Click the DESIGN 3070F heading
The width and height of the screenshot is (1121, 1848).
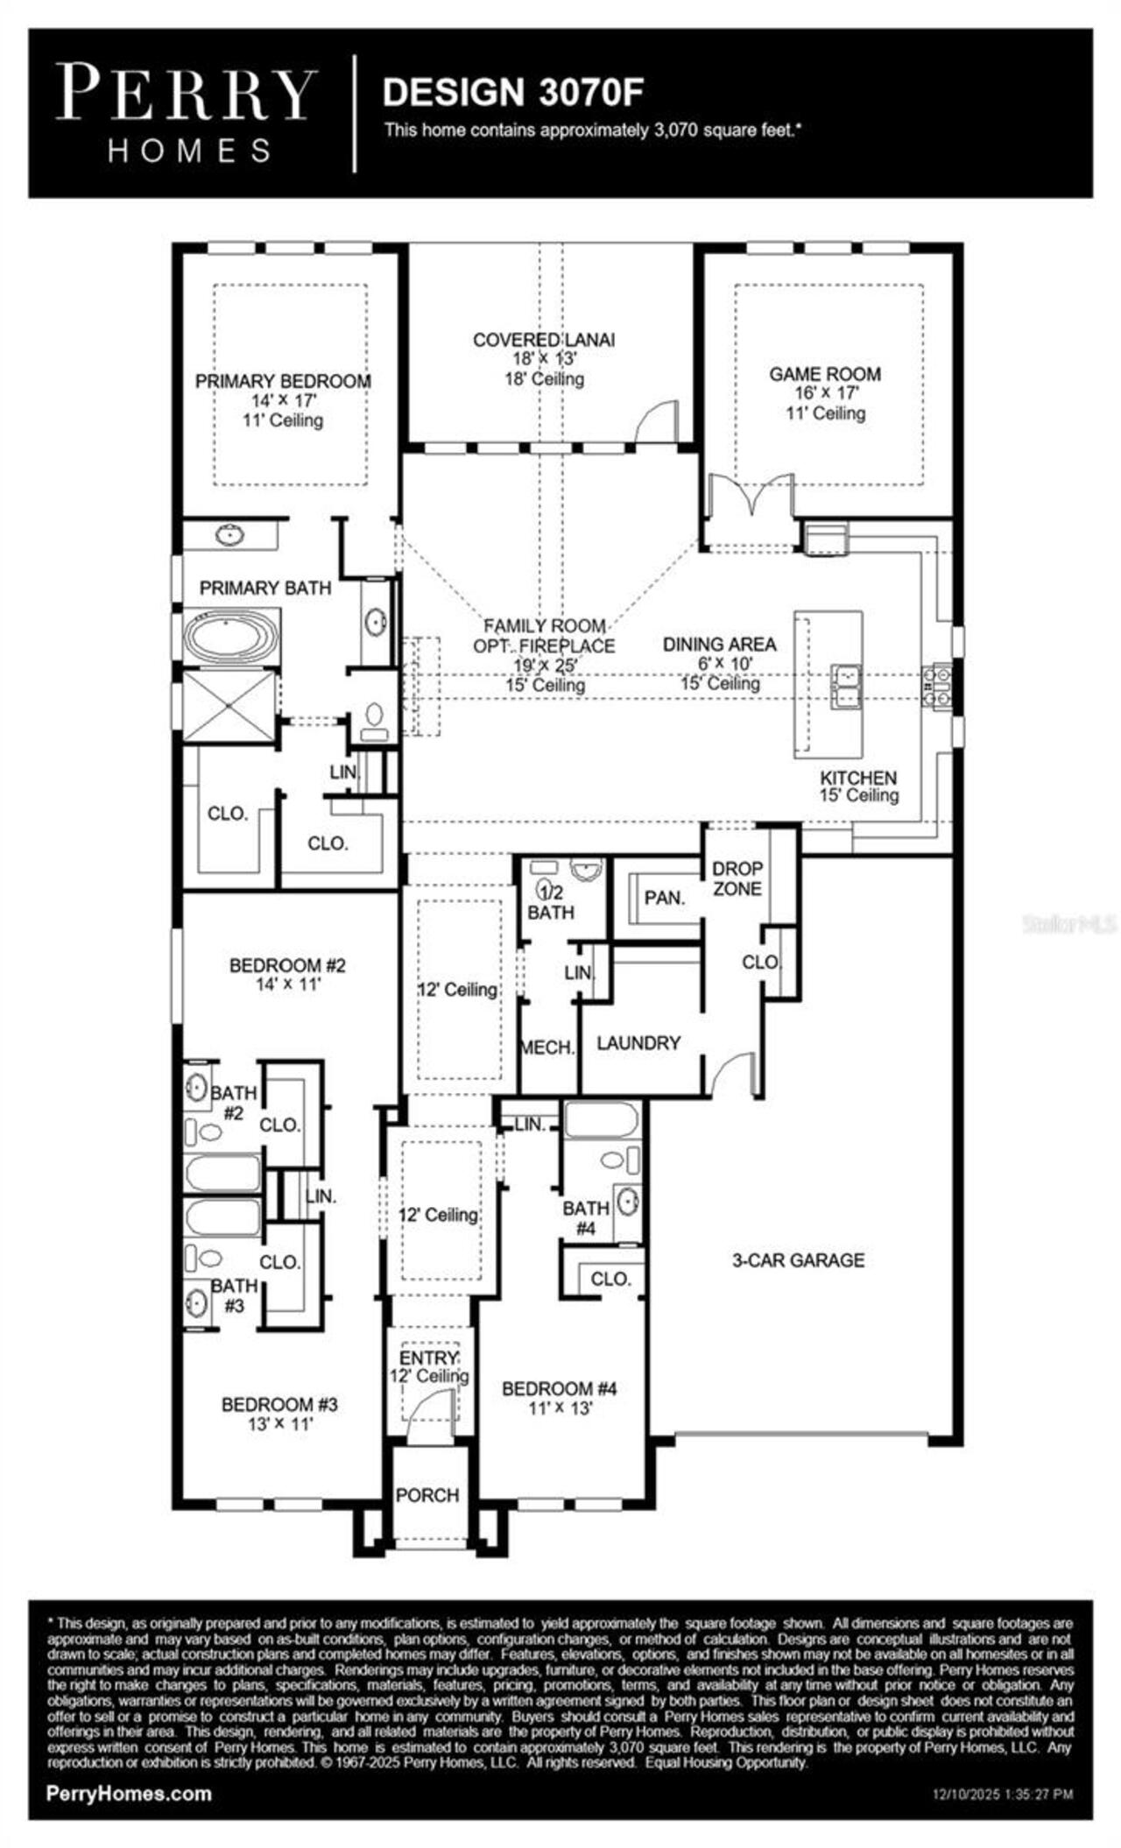coord(513,93)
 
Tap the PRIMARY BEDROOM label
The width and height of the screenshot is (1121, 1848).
coord(283,382)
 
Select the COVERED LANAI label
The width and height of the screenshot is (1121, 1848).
coord(544,340)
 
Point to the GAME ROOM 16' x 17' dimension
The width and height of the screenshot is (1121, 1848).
coord(826,394)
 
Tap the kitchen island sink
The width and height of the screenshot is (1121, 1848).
coord(846,686)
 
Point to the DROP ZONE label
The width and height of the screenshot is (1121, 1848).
coord(737,878)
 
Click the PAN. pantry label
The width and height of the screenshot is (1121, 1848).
coord(664,898)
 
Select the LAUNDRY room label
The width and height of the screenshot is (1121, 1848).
coord(638,1043)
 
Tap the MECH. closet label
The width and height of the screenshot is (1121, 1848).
coord(547,1047)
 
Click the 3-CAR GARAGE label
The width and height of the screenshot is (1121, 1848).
coord(798,1260)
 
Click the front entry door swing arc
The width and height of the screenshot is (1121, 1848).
coord(435,1408)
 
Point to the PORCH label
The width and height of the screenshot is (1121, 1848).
coord(427,1495)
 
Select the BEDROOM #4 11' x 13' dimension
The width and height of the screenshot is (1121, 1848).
coord(560,1409)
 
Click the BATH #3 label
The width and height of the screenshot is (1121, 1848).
coord(234,1295)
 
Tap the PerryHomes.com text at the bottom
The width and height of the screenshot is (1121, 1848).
coord(129,1794)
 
